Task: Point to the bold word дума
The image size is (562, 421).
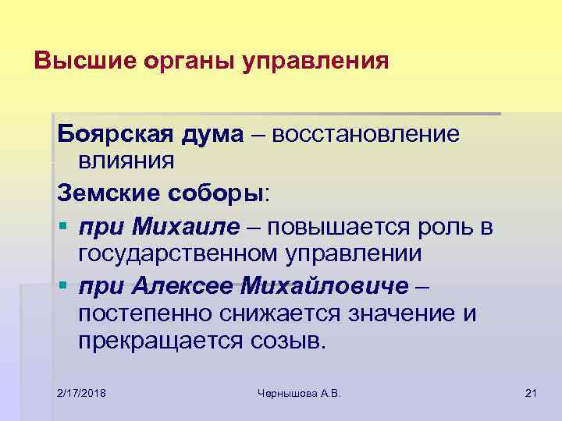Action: (216, 135)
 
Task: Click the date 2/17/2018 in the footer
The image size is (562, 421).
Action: (82, 392)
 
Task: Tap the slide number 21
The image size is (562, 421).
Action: (531, 392)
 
